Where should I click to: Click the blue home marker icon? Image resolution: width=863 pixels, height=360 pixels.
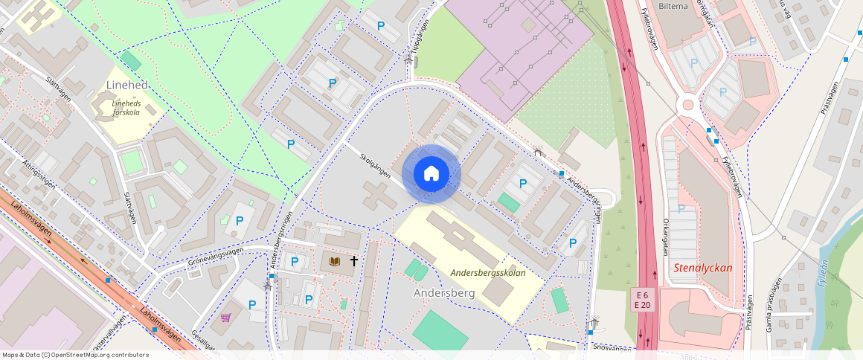coord(431,174)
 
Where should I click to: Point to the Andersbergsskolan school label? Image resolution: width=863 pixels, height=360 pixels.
coord(488,273)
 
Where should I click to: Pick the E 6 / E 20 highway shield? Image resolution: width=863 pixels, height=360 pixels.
coord(643,300)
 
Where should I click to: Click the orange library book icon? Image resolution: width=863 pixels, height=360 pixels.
coord(336,261)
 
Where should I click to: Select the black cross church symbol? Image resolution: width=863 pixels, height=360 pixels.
coord(354,261)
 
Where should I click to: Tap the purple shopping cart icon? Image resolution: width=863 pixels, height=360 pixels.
coord(225,318)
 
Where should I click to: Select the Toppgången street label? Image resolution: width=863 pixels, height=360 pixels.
coord(417,45)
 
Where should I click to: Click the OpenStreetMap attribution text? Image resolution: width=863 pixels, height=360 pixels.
coord(76,355)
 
